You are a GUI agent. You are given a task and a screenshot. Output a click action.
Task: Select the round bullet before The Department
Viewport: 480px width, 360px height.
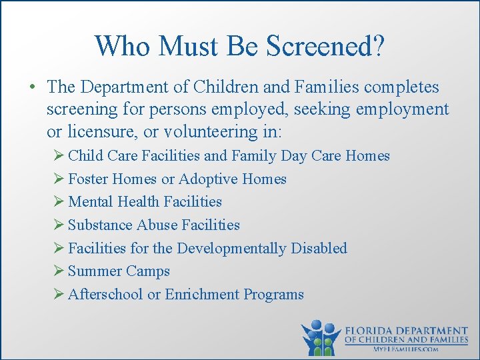click(x=31, y=88)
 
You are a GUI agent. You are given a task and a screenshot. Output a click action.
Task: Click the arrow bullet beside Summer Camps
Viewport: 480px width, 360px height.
click(x=59, y=271)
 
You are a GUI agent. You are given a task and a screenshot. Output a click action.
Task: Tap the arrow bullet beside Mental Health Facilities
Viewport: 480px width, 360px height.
click(x=59, y=202)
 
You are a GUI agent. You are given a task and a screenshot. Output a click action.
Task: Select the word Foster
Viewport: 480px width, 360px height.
click(x=89, y=179)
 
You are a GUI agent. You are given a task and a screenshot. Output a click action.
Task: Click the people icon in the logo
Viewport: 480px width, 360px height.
click(x=321, y=337)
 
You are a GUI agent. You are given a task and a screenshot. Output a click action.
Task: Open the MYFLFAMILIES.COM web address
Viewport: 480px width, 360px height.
click(x=406, y=349)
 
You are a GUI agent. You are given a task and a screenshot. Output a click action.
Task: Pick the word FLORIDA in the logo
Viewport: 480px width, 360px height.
click(x=373, y=331)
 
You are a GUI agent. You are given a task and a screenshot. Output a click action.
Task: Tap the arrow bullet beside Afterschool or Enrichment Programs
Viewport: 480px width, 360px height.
click(x=59, y=295)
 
